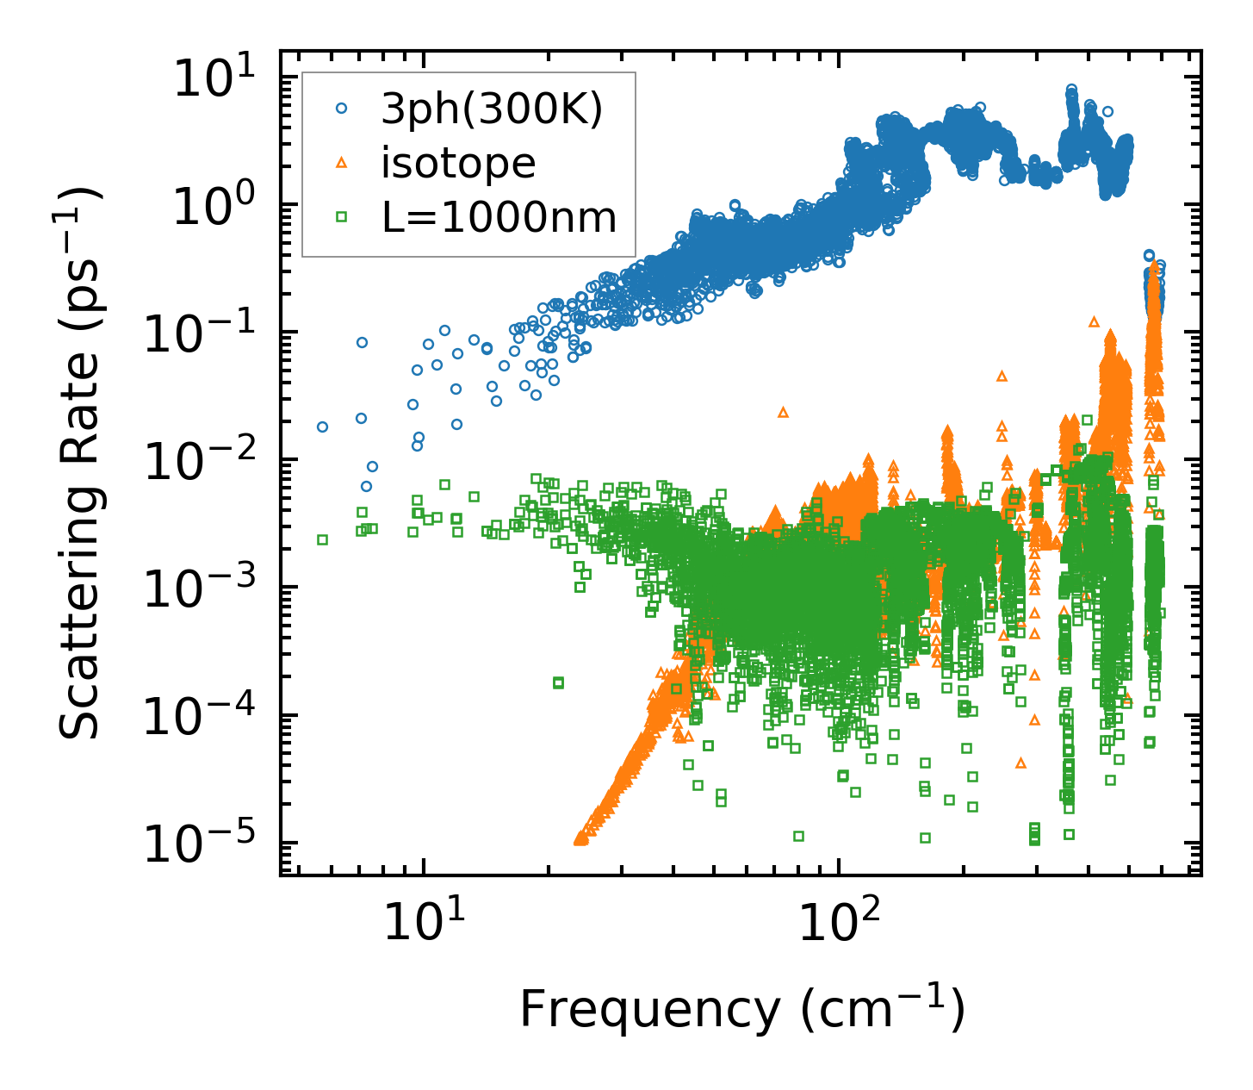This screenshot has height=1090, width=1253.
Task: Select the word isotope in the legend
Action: coord(458,163)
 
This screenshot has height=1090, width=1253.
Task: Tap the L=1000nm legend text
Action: coord(499,217)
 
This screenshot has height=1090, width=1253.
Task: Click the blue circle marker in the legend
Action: coord(342,109)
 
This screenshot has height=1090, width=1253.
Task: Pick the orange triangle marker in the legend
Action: coord(342,163)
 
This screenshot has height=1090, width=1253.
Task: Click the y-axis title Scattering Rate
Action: coord(80,464)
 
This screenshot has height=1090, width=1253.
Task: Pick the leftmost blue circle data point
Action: coord(323,427)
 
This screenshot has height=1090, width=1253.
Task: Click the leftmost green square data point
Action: coord(323,539)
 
